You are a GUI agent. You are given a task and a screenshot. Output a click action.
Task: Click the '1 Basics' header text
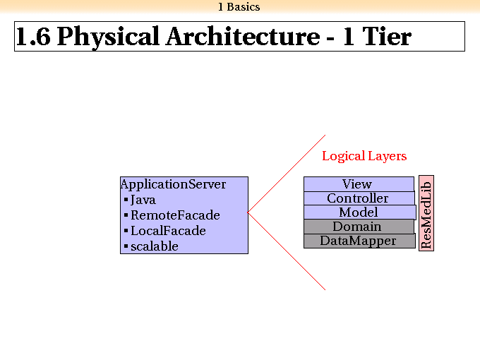click(x=239, y=7)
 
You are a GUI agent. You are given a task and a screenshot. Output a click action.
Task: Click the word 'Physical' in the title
click(x=108, y=37)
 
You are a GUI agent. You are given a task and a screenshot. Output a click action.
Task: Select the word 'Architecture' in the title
click(x=243, y=37)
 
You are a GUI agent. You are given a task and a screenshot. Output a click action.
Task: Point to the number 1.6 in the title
click(x=33, y=37)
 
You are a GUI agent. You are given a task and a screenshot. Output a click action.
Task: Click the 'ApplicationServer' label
click(x=173, y=184)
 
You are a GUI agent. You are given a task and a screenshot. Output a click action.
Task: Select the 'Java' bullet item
click(x=143, y=200)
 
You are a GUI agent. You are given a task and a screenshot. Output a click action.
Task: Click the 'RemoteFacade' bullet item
click(x=175, y=215)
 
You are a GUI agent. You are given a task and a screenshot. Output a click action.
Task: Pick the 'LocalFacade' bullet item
click(x=168, y=231)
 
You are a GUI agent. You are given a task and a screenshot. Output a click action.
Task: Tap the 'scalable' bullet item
click(x=155, y=246)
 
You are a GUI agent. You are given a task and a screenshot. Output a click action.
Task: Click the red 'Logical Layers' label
click(x=364, y=157)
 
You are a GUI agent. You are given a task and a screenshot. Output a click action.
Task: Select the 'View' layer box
click(x=359, y=184)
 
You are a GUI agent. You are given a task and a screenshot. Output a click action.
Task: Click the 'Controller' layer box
click(x=359, y=198)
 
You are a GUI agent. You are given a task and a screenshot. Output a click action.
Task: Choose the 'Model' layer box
click(x=360, y=212)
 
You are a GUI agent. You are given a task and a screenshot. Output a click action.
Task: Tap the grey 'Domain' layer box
click(x=359, y=227)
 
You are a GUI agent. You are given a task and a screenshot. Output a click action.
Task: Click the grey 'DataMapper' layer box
click(x=359, y=241)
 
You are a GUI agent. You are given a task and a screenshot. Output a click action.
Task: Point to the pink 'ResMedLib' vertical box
click(x=426, y=213)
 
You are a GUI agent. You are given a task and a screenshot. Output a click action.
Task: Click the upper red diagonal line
click(x=287, y=173)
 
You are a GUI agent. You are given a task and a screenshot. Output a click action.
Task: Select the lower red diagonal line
click(x=287, y=251)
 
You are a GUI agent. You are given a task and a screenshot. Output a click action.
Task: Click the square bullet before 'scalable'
click(x=126, y=246)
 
